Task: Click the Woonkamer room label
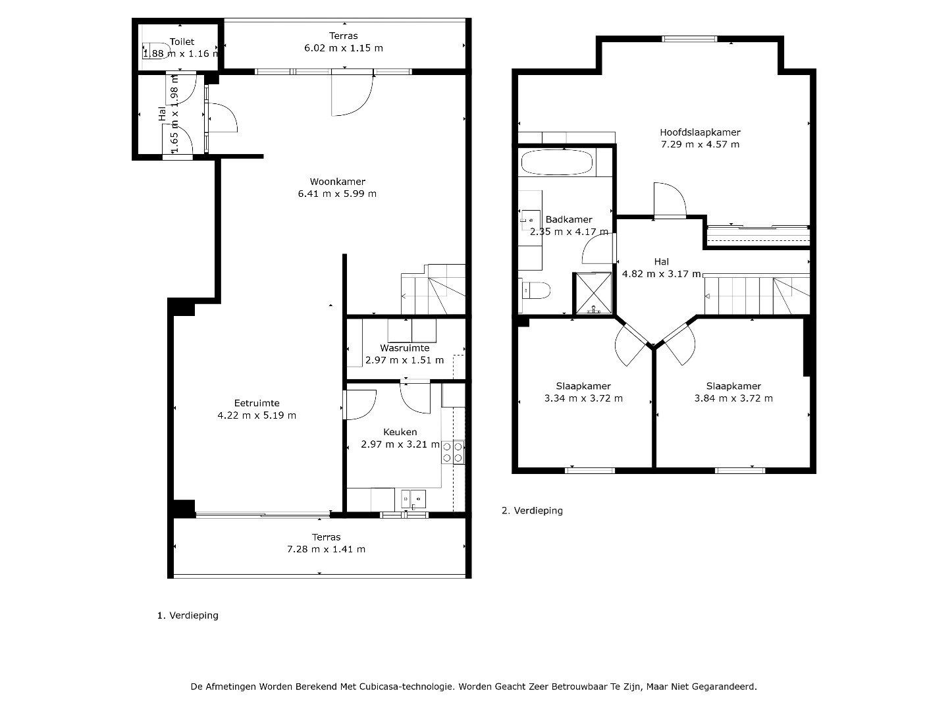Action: (337, 182)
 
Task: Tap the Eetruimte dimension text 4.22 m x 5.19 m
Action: (257, 415)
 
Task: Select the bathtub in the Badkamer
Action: (557, 163)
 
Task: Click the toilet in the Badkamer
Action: (535, 290)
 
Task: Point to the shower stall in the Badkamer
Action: (593, 293)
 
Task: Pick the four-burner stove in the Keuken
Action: (453, 452)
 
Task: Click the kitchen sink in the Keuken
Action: (413, 500)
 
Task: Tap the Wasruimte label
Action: (405, 348)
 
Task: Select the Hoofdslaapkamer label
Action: (700, 132)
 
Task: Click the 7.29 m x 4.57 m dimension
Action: (700, 145)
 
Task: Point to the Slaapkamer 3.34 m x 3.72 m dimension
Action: (583, 398)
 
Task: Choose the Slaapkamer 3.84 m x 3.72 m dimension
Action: (733, 398)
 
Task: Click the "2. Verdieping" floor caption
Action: (532, 511)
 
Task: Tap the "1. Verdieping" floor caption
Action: (188, 616)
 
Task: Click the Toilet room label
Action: (182, 42)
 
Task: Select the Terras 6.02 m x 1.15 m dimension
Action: (344, 48)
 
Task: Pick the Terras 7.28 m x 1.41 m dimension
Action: (326, 549)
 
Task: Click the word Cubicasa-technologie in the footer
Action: (406, 687)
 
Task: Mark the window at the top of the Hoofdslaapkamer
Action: (689, 39)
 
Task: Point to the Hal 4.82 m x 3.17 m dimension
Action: (661, 274)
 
